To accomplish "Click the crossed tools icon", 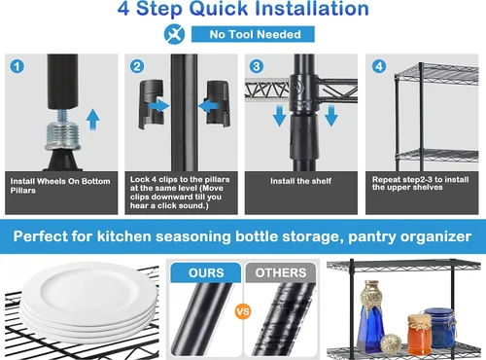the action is pos(174,34).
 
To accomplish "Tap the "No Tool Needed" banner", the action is pos(253,34).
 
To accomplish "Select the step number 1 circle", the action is pos(17,66).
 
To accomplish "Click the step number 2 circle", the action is pos(137,66).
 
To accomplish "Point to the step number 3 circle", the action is pos(257,66).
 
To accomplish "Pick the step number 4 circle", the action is pos(379,66).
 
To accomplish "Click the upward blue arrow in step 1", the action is pos(93,120).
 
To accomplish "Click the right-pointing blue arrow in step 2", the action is pos(158,106).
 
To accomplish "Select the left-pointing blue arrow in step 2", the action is pos(209,106).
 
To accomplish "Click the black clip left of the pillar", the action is pos(152,104).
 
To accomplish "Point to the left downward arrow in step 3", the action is pos(279,116).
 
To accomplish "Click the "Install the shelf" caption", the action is pos(300,181).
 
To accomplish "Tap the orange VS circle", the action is pos(243,311).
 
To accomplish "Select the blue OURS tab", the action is pos(206,272).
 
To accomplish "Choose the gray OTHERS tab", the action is pos(281,272).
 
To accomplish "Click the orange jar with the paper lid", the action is pos(419,334).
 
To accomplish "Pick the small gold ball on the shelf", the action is pos(391,344).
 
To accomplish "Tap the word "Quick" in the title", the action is pos(220,9).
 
